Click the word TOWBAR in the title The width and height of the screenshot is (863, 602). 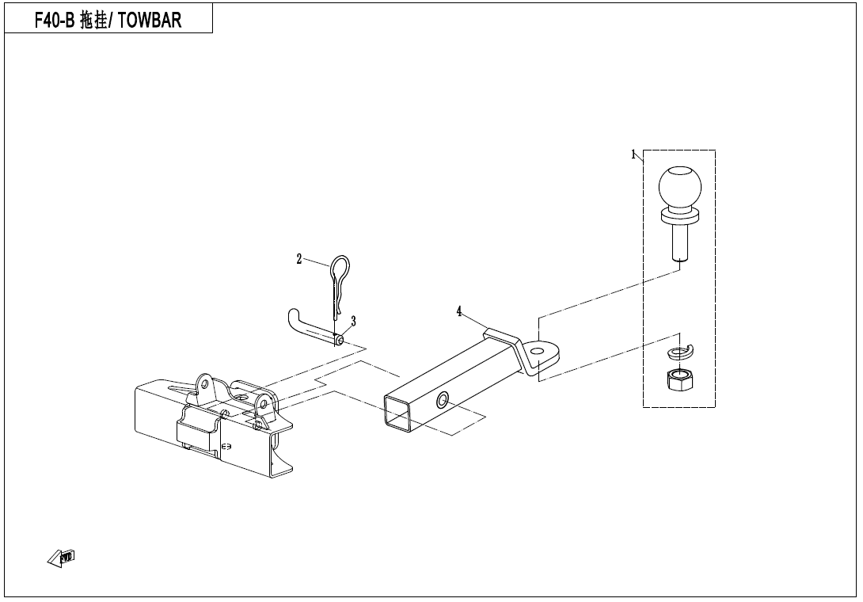150,20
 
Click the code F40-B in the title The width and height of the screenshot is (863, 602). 54,20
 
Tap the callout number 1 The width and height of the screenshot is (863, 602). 633,154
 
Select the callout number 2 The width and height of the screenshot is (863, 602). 298,259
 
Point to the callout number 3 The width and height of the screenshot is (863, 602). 353,321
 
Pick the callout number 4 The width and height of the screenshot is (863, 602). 459,312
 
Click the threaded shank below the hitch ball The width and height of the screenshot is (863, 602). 680,242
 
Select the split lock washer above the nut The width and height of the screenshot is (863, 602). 681,350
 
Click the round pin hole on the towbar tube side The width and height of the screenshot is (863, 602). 442,400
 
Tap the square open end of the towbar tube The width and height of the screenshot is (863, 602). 398,413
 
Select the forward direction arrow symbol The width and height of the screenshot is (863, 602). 61,558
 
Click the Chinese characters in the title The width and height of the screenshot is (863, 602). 93,20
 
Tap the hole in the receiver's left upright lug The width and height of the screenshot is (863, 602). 205,382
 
